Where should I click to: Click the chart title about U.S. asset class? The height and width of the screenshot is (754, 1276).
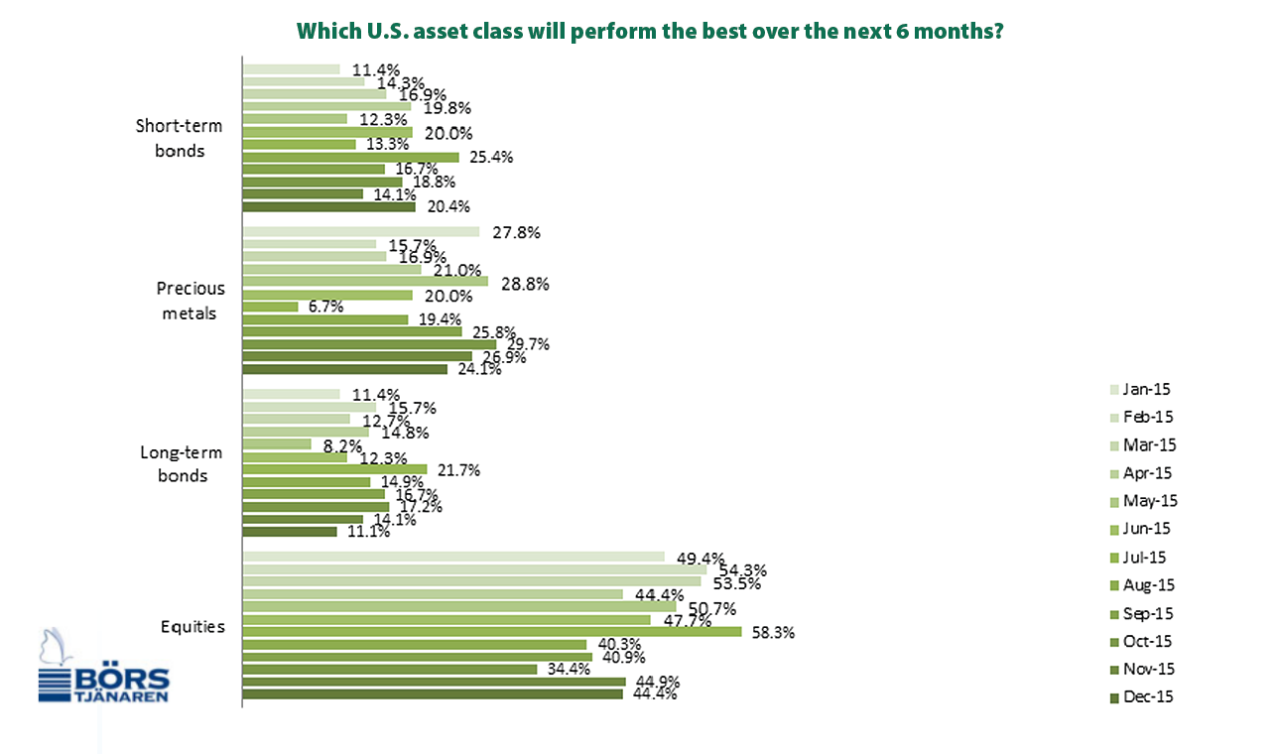click(x=649, y=31)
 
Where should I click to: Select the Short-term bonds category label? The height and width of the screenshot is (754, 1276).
click(x=179, y=138)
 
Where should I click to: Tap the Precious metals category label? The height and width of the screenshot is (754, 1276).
click(x=191, y=301)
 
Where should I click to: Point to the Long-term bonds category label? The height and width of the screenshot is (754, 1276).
click(x=182, y=463)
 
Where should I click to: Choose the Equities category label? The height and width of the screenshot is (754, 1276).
click(x=192, y=626)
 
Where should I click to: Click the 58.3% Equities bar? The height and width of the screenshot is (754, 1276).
click(x=492, y=632)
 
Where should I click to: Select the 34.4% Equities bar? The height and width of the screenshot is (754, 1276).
click(x=390, y=669)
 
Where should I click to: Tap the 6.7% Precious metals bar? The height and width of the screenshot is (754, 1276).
click(x=270, y=307)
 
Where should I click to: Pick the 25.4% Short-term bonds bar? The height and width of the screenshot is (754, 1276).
click(x=351, y=157)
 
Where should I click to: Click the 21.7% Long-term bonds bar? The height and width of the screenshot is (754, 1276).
click(x=335, y=469)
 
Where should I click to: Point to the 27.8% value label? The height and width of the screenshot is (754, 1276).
click(x=516, y=232)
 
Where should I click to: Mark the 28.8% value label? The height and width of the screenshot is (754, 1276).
click(x=525, y=284)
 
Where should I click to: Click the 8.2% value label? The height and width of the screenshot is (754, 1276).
click(x=342, y=445)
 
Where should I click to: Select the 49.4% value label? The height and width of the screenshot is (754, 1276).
click(x=701, y=559)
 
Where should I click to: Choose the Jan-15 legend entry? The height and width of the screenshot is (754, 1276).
click(x=1140, y=390)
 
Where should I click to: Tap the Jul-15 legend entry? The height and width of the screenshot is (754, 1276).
click(x=1138, y=557)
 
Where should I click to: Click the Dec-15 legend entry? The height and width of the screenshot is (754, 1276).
click(x=1142, y=697)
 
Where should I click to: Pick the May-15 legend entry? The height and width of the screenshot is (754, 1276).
click(x=1144, y=501)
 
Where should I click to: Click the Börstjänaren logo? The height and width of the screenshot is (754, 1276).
click(x=103, y=666)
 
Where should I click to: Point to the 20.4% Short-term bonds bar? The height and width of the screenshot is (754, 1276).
click(x=329, y=207)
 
